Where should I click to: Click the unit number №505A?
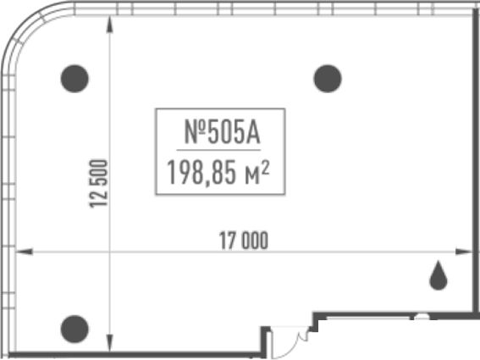(222, 132)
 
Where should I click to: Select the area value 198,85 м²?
(218, 173)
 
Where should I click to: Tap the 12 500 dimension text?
(98, 184)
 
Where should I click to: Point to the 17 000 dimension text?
(244, 241)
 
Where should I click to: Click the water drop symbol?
(439, 276)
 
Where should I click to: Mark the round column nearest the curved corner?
(74, 79)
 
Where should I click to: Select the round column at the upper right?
(328, 79)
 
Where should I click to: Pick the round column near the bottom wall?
(74, 329)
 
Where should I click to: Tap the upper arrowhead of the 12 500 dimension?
(109, 25)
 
